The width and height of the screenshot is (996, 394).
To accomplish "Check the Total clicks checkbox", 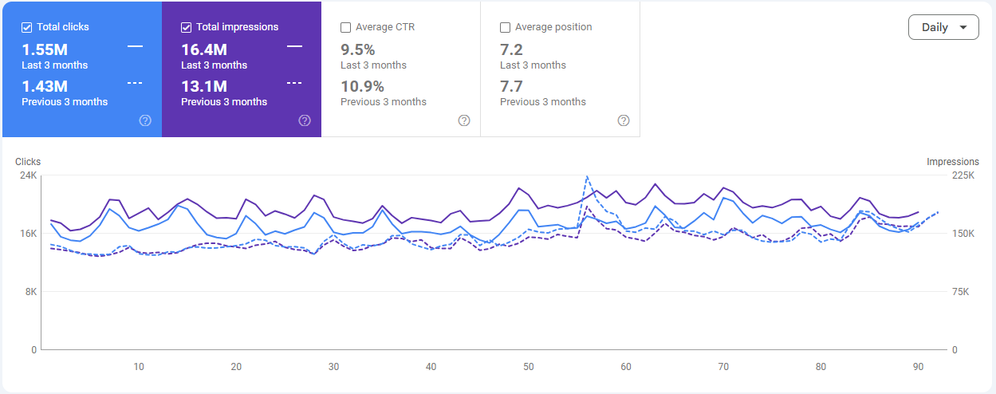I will pyautogui.click(x=26, y=27).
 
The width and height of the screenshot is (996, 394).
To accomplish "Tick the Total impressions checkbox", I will pyautogui.click(x=186, y=27).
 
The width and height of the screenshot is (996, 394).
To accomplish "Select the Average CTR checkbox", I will pyautogui.click(x=345, y=27).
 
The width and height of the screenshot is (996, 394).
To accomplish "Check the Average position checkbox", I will pyautogui.click(x=505, y=27).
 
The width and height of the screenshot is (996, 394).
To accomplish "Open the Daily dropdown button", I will pyautogui.click(x=943, y=27).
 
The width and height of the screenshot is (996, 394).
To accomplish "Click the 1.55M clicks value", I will pyautogui.click(x=45, y=49).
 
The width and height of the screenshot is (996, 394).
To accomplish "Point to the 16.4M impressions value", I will pyautogui.click(x=204, y=49).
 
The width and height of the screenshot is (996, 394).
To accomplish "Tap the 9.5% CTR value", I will pyautogui.click(x=357, y=49).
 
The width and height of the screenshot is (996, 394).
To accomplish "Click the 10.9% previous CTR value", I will pyautogui.click(x=362, y=86).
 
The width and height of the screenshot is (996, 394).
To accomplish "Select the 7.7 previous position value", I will pyautogui.click(x=511, y=86).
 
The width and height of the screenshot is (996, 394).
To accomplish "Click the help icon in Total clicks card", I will pyautogui.click(x=145, y=120).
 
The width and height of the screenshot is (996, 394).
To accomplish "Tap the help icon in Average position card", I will pyautogui.click(x=624, y=120).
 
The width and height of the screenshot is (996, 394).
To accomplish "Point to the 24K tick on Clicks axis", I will pyautogui.click(x=28, y=175).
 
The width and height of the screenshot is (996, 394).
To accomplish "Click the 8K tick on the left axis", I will pyautogui.click(x=30, y=292).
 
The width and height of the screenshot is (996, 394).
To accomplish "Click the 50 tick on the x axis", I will pyautogui.click(x=529, y=367).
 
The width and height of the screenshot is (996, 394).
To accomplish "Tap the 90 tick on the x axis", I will pyautogui.click(x=918, y=367).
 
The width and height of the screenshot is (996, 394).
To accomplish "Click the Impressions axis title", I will pyautogui.click(x=952, y=162).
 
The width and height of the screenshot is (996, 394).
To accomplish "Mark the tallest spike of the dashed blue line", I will pyautogui.click(x=587, y=176).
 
